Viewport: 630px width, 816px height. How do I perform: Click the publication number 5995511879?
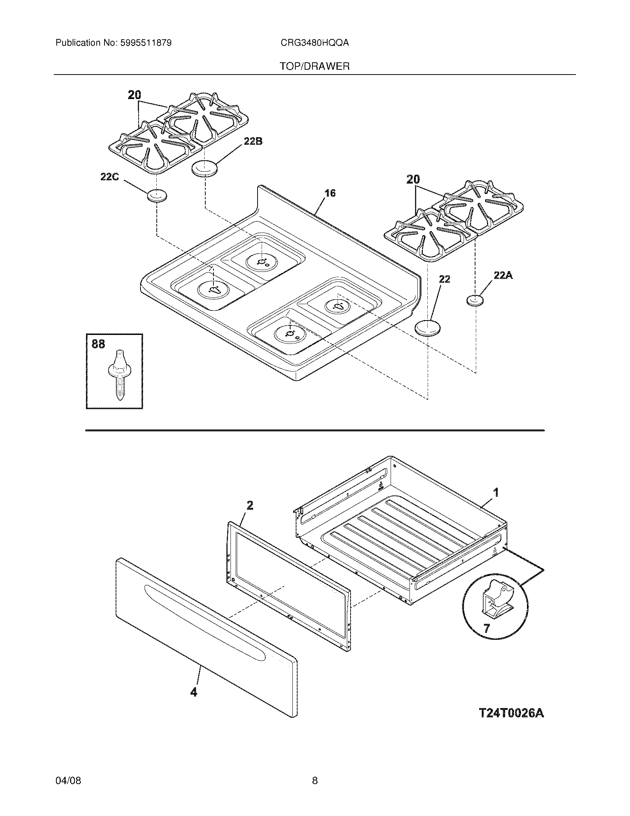[146, 43]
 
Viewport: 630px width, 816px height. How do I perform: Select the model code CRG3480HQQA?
[315, 43]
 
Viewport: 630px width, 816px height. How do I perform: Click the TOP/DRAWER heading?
[315, 66]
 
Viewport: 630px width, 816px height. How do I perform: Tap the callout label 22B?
[253, 141]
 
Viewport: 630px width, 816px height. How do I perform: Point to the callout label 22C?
[109, 177]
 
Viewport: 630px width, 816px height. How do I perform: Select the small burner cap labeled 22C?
[156, 195]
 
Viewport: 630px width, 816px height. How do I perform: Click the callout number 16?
[330, 193]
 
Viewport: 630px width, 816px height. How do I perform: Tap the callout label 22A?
[503, 276]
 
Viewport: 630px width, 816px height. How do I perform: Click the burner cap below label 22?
[428, 328]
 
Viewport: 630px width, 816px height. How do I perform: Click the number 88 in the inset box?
[98, 344]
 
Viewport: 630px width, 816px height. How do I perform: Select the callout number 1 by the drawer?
[496, 493]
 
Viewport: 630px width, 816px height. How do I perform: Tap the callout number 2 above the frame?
[250, 506]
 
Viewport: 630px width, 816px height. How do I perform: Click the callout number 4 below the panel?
[194, 692]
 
